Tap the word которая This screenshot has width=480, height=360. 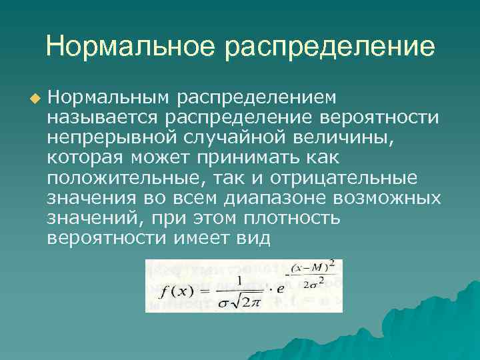coord(86,158)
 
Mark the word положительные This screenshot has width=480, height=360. coord(120,178)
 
